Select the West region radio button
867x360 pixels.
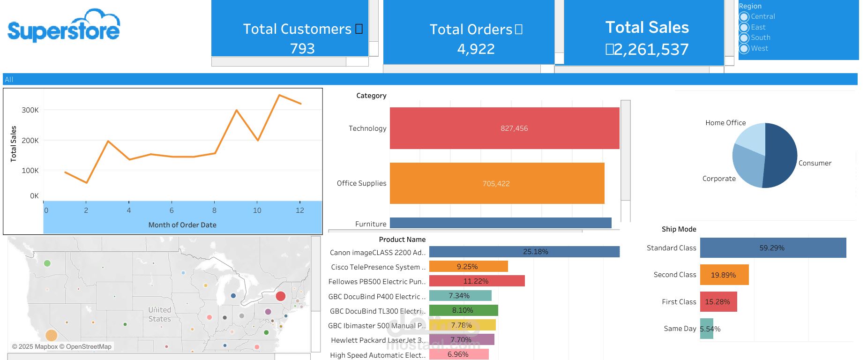pyautogui.click(x=744, y=49)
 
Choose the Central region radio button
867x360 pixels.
pyautogui.click(x=744, y=17)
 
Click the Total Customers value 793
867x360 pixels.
pyautogui.click(x=302, y=49)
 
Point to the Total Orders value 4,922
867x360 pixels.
pyautogui.click(x=476, y=49)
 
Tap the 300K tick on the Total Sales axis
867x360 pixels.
pyautogui.click(x=30, y=110)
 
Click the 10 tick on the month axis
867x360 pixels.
pyautogui.click(x=257, y=210)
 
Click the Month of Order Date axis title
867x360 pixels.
pyautogui.click(x=182, y=225)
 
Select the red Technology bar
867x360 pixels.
pyautogui.click(x=504, y=128)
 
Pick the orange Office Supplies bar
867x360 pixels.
pyautogui.click(x=497, y=183)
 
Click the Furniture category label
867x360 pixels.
pyautogui.click(x=371, y=224)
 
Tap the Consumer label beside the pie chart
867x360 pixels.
pyautogui.click(x=815, y=163)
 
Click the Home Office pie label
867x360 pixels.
pyautogui.click(x=725, y=123)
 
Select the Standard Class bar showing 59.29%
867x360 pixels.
pyautogui.click(x=773, y=247)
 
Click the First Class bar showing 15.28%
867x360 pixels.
pyautogui.click(x=718, y=302)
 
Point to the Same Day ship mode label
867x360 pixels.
pyautogui.click(x=680, y=329)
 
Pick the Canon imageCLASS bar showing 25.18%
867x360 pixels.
pyautogui.click(x=524, y=252)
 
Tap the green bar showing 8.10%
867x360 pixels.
pyautogui.click(x=463, y=310)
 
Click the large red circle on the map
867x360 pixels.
pyautogui.click(x=281, y=296)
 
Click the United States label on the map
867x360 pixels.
pyautogui.click(x=160, y=314)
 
